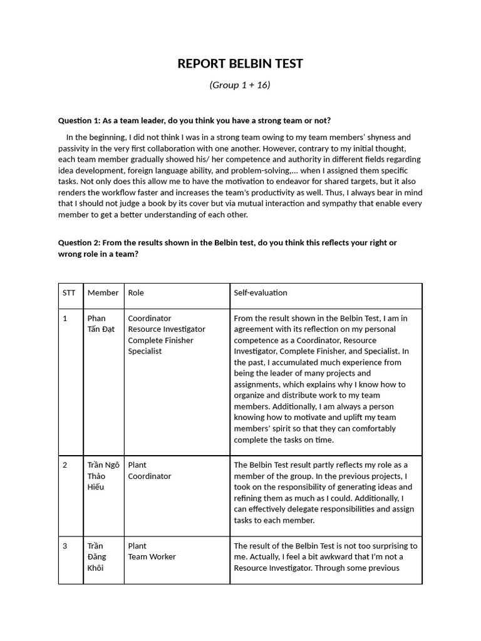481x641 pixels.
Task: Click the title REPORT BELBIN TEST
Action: [240, 63]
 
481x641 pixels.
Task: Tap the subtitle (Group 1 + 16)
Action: [240, 85]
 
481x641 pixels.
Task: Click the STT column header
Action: [68, 292]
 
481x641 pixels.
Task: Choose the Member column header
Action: [103, 292]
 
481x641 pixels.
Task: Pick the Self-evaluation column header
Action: [260, 292]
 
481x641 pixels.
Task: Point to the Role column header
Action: [136, 292]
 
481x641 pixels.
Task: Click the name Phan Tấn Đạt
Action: [101, 324]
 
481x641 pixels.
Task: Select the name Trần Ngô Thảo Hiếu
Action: [103, 476]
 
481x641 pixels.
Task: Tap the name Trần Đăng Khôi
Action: [96, 556]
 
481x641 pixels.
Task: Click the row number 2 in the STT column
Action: [65, 465]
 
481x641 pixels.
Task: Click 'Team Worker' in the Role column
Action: [152, 556]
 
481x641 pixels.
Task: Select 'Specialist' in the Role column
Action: [145, 351]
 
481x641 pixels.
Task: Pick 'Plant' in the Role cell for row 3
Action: [137, 546]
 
